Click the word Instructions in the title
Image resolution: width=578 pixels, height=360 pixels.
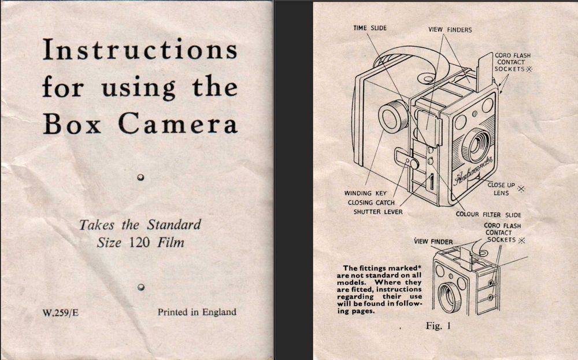pyautogui.click(x=140, y=49)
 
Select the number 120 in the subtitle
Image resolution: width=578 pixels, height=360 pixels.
pyautogui.click(x=140, y=243)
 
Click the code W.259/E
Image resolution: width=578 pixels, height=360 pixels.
pyautogui.click(x=61, y=313)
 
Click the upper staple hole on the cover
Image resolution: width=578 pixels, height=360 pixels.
pyautogui.click(x=140, y=177)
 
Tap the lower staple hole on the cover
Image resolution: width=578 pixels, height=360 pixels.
pyautogui.click(x=140, y=287)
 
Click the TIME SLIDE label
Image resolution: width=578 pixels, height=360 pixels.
pyautogui.click(x=370, y=28)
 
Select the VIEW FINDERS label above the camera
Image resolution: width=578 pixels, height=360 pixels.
pyautogui.click(x=450, y=30)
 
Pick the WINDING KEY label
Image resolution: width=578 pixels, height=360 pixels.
pyautogui.click(x=365, y=193)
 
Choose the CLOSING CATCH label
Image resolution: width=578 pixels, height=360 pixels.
pyautogui.click(x=371, y=203)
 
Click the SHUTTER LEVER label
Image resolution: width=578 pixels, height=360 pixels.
pyautogui.click(x=378, y=212)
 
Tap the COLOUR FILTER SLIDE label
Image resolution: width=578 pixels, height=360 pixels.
pyautogui.click(x=488, y=214)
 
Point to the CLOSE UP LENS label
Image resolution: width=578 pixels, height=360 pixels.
pyautogui.click(x=501, y=189)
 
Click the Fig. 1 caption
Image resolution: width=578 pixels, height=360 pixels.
pyautogui.click(x=438, y=326)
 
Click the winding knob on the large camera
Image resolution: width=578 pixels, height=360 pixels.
pyautogui.click(x=393, y=117)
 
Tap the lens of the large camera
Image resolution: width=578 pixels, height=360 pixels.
pyautogui.click(x=476, y=145)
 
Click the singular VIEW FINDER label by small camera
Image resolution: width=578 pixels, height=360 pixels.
pyautogui.click(x=433, y=242)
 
